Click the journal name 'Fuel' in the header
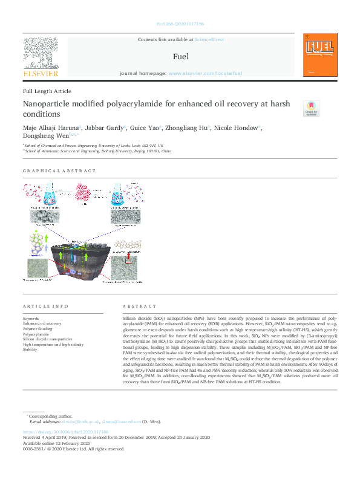[x=180, y=56]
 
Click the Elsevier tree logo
[x=41, y=53]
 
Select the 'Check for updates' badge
[x=311, y=109]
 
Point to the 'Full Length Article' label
[x=47, y=91]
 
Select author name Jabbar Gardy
[x=104, y=128]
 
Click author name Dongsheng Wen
[x=41, y=137]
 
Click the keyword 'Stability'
[x=30, y=349]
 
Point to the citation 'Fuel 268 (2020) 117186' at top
[x=180, y=25]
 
